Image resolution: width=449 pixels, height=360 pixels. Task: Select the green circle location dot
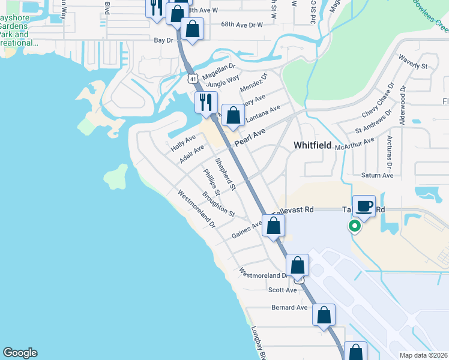pos(355,226)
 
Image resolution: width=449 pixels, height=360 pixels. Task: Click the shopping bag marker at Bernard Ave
pos(324,316)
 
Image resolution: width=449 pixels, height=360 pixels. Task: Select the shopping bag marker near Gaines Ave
pos(273,227)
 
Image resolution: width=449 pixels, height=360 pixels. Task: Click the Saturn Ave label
pos(377,175)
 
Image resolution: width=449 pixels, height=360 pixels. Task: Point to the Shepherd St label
pos(226,175)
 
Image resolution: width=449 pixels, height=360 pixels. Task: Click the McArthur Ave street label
pos(355,144)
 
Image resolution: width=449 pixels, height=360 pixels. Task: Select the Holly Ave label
pos(183,142)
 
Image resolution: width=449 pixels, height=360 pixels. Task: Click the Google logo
pos(20,353)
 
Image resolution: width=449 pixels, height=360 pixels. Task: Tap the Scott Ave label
pos(283,290)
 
